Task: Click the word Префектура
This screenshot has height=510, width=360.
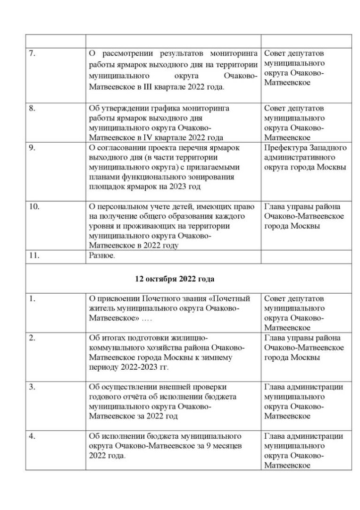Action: click(x=285, y=147)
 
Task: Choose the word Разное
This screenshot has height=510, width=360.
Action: click(x=102, y=255)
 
